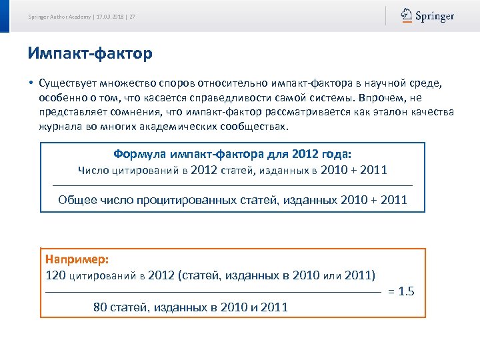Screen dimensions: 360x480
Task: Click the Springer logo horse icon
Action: pos(406,15)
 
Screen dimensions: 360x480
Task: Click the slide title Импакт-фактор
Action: pos(90,53)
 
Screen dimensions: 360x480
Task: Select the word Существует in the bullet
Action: pos(67,83)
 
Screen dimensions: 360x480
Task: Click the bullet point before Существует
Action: pos(31,83)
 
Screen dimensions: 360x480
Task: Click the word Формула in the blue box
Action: pos(139,154)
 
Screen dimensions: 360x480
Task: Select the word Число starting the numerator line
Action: pos(93,170)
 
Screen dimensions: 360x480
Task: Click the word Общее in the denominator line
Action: pos(76,199)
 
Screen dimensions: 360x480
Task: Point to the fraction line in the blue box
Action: pos(232,185)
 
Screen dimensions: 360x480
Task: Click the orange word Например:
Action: pos(77,259)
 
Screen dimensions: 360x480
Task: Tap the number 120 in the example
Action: pos(56,275)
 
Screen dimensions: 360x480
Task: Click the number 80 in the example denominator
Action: pos(100,307)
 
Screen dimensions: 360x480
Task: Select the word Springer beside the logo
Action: pos(434,16)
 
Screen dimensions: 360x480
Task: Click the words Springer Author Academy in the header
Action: pos(59,17)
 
